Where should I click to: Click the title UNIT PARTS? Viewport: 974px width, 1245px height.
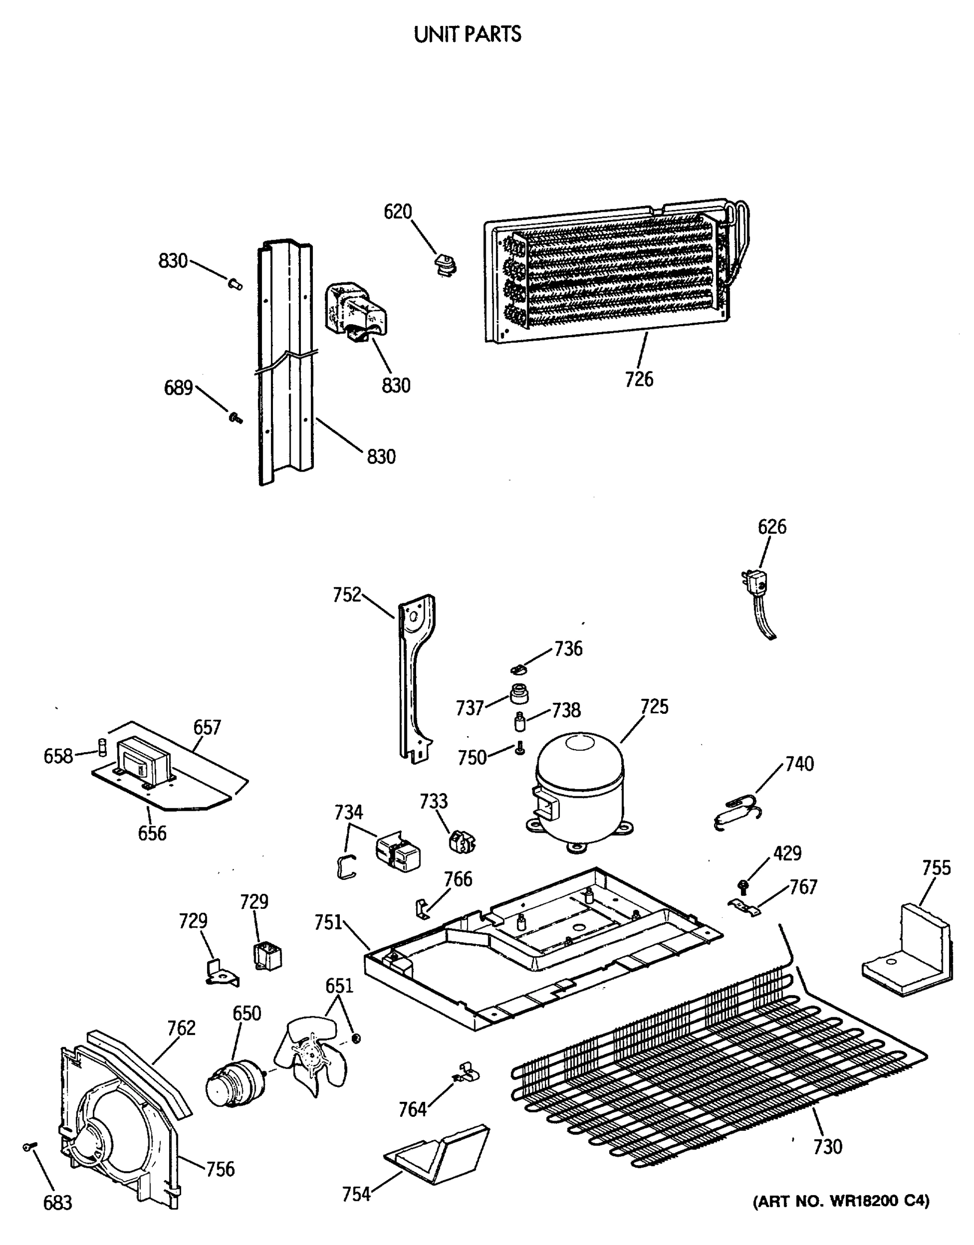coord(467,35)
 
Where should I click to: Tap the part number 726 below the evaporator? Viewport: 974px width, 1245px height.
coord(639,379)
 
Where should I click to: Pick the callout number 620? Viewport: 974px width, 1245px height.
coord(397,212)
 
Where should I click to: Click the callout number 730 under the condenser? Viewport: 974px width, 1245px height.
coord(828,1146)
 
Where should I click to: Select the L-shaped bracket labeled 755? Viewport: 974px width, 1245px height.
coord(907,951)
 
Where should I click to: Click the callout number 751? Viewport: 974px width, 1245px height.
coord(328,922)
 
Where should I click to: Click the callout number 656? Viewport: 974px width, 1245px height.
coord(152,833)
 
